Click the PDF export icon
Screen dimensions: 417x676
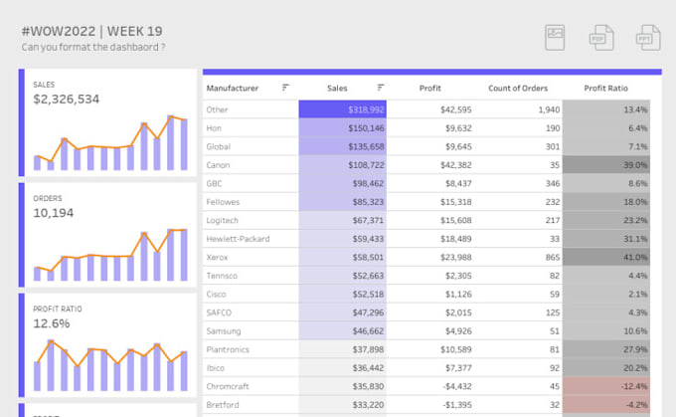tap(601, 38)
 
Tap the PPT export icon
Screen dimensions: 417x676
tap(648, 38)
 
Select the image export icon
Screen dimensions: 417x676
tap(556, 38)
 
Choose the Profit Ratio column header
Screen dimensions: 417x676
tap(605, 89)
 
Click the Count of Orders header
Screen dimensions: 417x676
tap(519, 89)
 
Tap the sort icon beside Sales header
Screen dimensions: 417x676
tap(381, 88)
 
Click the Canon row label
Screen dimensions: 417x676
tap(219, 164)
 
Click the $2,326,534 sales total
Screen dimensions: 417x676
tap(66, 100)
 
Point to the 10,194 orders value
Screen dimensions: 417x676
tap(55, 213)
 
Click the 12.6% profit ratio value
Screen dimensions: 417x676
tap(52, 323)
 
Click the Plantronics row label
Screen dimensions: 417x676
tap(228, 349)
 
